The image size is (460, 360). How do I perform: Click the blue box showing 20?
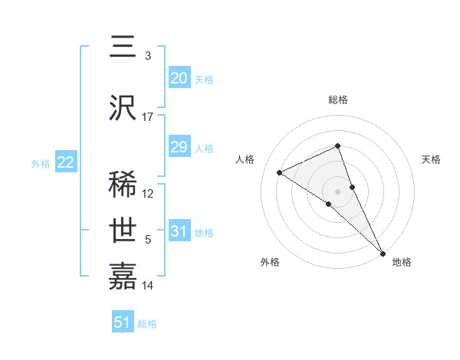[179, 78]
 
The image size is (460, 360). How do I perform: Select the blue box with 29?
[179, 147]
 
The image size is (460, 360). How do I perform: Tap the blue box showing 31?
[179, 231]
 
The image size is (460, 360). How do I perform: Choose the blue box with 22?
[65, 162]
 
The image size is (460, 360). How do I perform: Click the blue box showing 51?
[123, 322]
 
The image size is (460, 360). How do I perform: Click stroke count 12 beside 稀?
[148, 194]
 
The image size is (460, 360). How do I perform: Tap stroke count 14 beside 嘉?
[148, 286]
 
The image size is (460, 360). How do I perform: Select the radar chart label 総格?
[338, 100]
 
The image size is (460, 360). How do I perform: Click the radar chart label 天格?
[431, 159]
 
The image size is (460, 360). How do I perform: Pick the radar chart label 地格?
[402, 262]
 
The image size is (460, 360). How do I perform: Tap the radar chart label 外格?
[270, 262]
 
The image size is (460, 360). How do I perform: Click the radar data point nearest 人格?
[280, 172]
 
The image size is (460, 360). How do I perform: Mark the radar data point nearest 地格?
[383, 253]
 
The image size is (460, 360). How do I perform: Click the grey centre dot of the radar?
[338, 191]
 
